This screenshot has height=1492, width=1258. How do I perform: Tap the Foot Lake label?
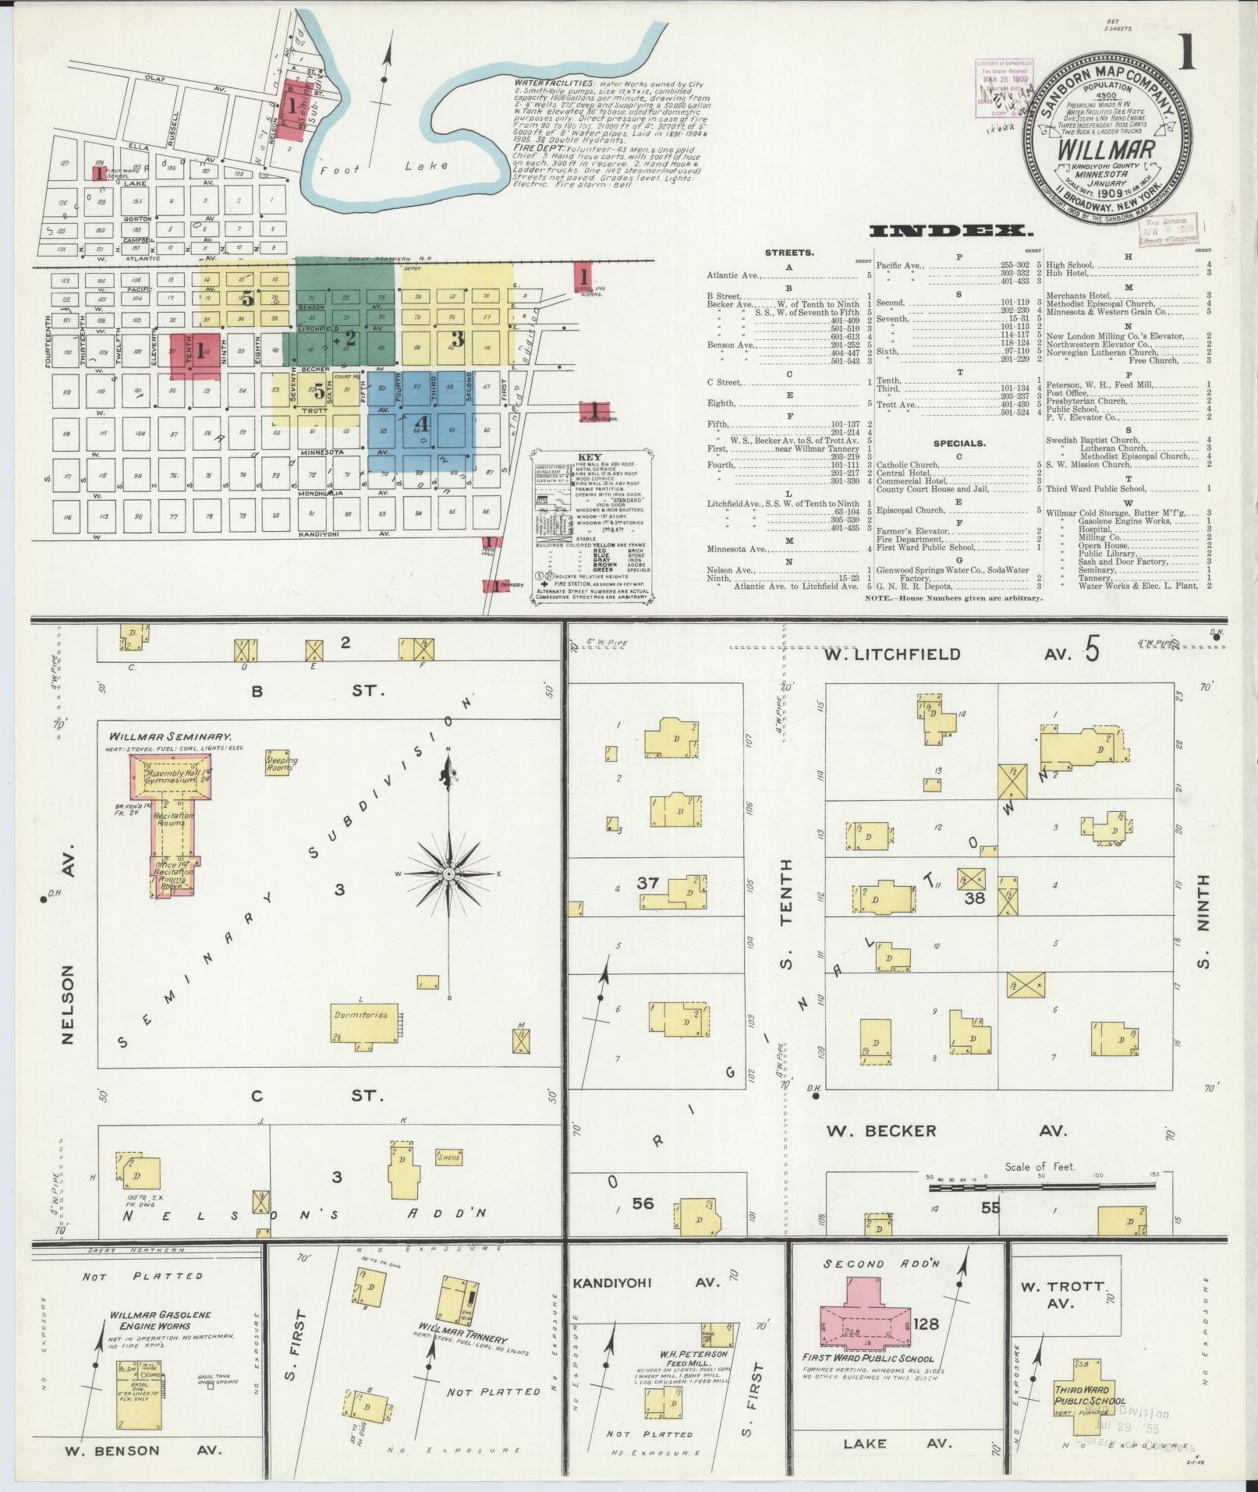tap(384, 167)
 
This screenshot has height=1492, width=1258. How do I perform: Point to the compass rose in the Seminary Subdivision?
tap(449, 874)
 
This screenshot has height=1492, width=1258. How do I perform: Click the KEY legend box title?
tap(590, 456)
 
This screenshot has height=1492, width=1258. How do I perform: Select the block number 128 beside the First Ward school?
tap(927, 1323)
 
